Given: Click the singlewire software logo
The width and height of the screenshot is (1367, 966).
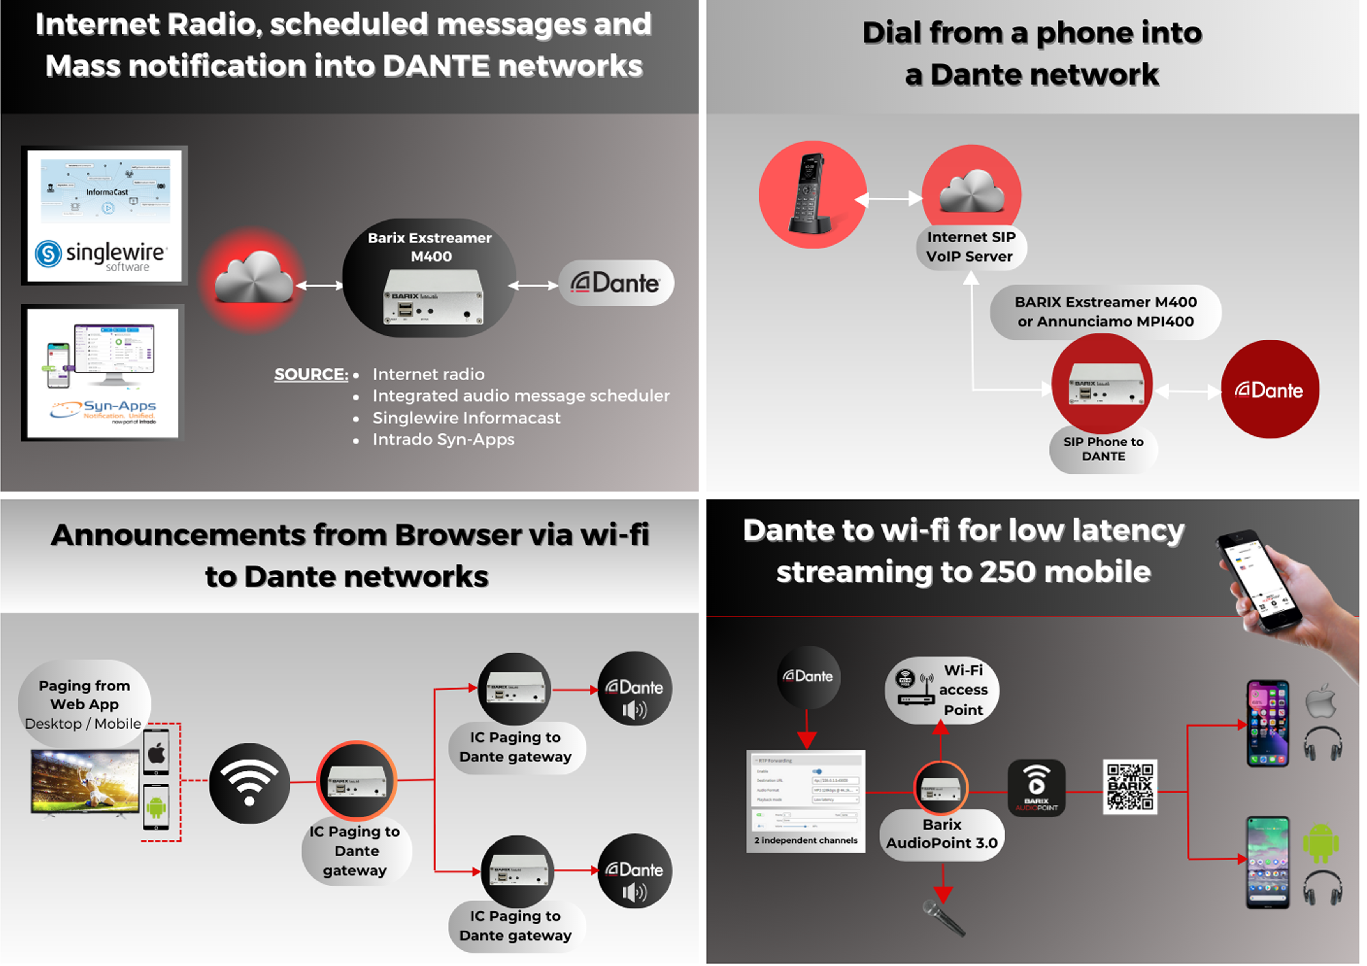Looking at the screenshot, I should click(x=102, y=255).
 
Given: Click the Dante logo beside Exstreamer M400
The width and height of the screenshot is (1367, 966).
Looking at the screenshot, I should click(x=616, y=283).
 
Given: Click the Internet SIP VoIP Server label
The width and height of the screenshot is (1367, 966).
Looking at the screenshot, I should click(x=970, y=246).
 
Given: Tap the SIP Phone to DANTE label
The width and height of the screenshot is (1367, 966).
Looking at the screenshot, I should click(x=1103, y=449).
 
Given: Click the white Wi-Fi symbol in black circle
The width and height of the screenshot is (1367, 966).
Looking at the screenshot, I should click(x=249, y=782).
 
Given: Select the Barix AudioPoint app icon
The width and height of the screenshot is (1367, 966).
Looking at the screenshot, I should click(x=1036, y=787).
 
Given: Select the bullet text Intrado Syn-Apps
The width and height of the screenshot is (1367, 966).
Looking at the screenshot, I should click(x=443, y=439).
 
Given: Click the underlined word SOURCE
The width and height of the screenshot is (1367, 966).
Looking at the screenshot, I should click(x=310, y=374).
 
